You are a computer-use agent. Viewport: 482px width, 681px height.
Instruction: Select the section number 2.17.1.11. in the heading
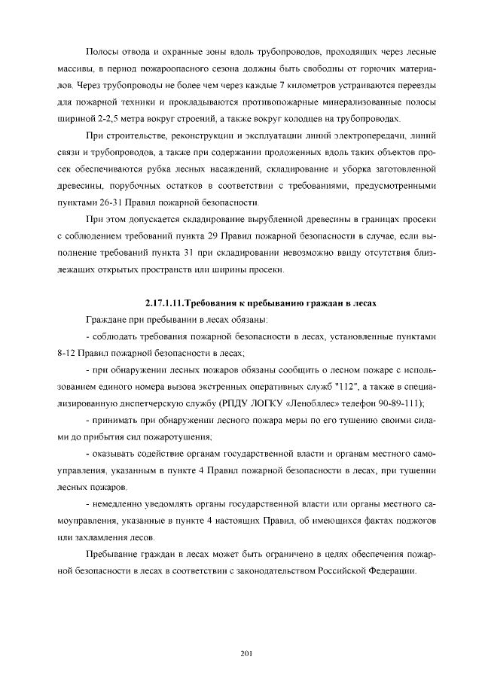pyautogui.click(x=170, y=303)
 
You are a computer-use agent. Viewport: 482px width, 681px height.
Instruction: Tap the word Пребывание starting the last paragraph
pyautogui.click(x=114, y=553)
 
